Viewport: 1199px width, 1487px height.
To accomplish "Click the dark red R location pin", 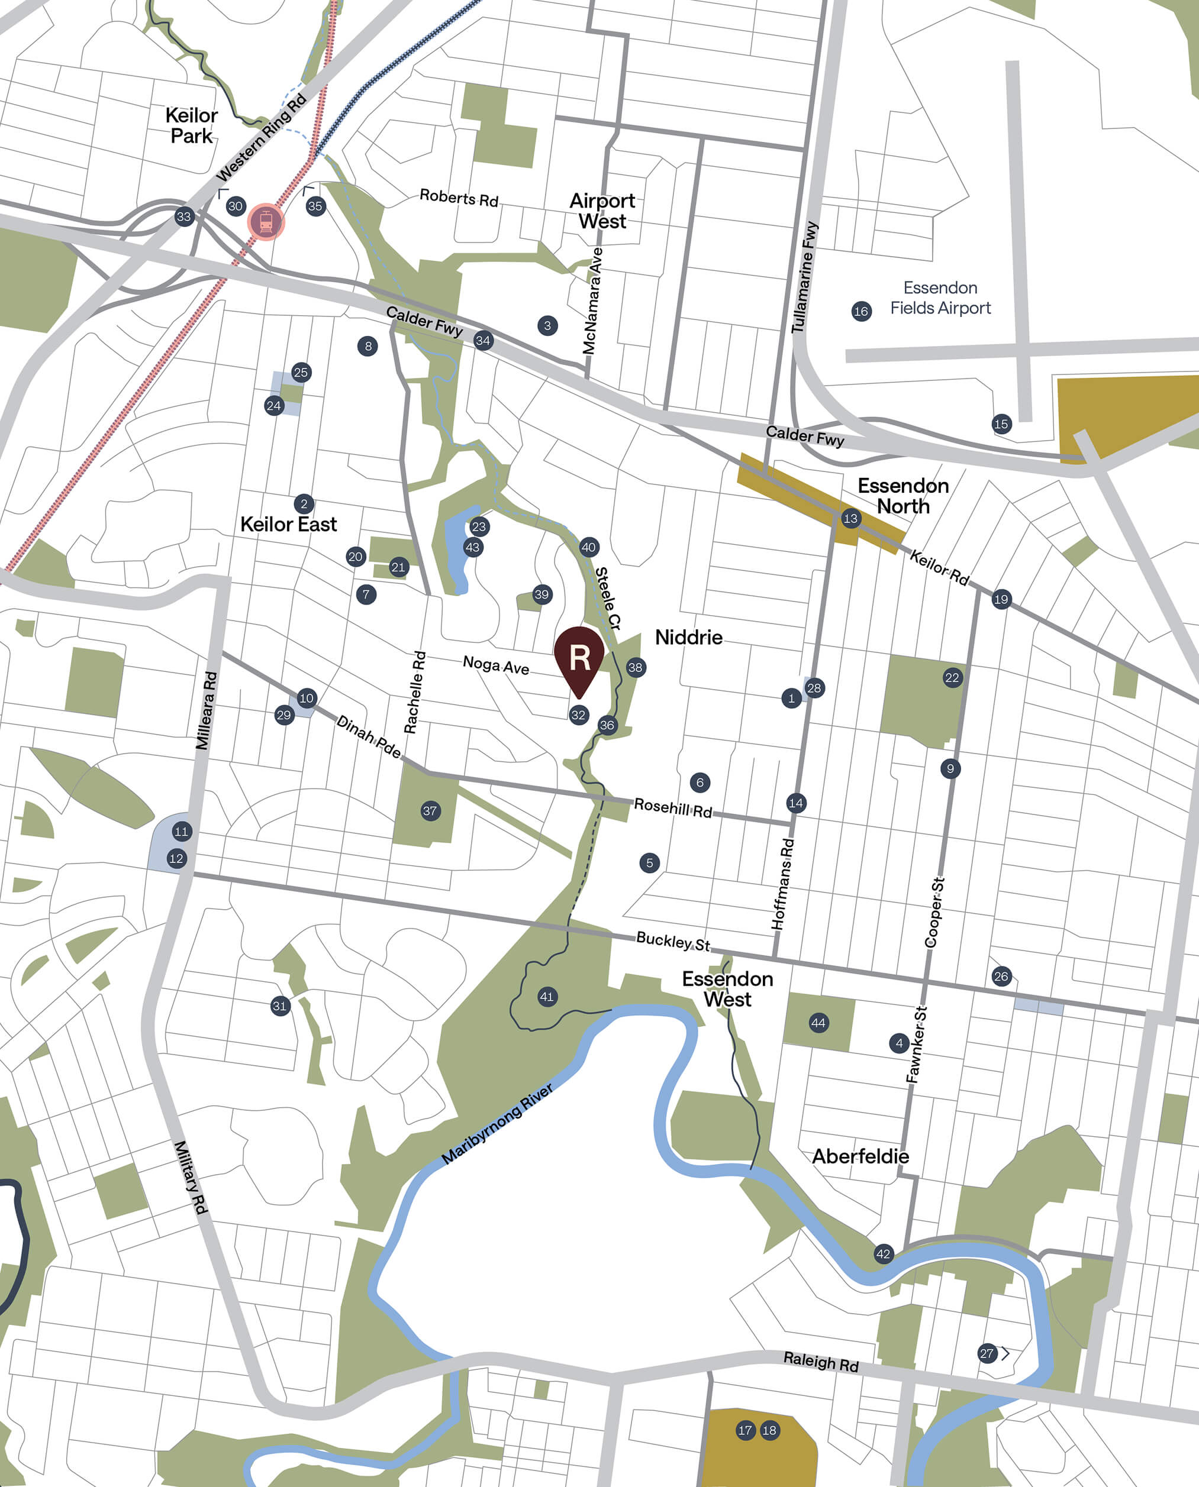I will [579, 657].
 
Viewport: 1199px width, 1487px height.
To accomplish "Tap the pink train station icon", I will [266, 222].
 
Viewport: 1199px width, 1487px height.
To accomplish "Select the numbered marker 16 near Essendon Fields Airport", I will [860, 311].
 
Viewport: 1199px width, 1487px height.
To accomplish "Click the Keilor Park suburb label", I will [191, 125].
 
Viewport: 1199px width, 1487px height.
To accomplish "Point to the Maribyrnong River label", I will [497, 1123].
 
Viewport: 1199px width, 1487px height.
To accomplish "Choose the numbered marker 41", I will [547, 996].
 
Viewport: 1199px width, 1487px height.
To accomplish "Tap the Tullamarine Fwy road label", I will [805, 277].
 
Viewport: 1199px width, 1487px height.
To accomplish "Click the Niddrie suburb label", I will [689, 637].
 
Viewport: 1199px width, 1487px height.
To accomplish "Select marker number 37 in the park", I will [430, 810].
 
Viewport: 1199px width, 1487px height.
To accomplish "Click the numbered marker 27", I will [987, 1354].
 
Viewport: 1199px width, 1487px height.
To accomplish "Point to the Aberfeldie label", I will [860, 1156].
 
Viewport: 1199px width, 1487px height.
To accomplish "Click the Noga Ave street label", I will [496, 665].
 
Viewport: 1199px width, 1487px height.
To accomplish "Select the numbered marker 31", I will [280, 1005].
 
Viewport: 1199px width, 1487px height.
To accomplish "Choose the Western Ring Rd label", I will [261, 138].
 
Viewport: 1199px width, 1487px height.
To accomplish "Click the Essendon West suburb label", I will [727, 988].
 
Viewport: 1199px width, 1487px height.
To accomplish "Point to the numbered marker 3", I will [547, 326].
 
